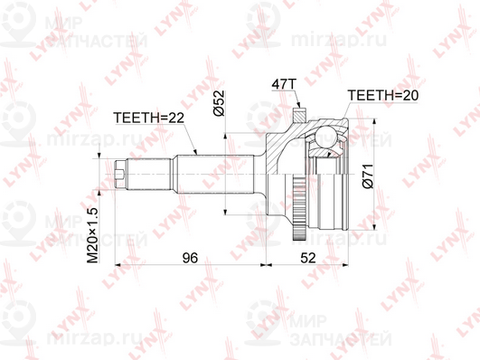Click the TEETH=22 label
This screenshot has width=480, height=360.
(149, 118)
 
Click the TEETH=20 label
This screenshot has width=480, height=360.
(383, 96)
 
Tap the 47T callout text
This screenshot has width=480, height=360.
(285, 84)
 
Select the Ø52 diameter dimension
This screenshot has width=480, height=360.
(219, 103)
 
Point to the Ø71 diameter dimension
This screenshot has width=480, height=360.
(368, 175)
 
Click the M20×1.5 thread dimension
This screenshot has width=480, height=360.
(92, 235)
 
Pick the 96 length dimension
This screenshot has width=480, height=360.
(190, 258)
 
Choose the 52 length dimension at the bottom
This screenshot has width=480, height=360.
(307, 258)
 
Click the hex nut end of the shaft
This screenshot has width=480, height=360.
(120, 175)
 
